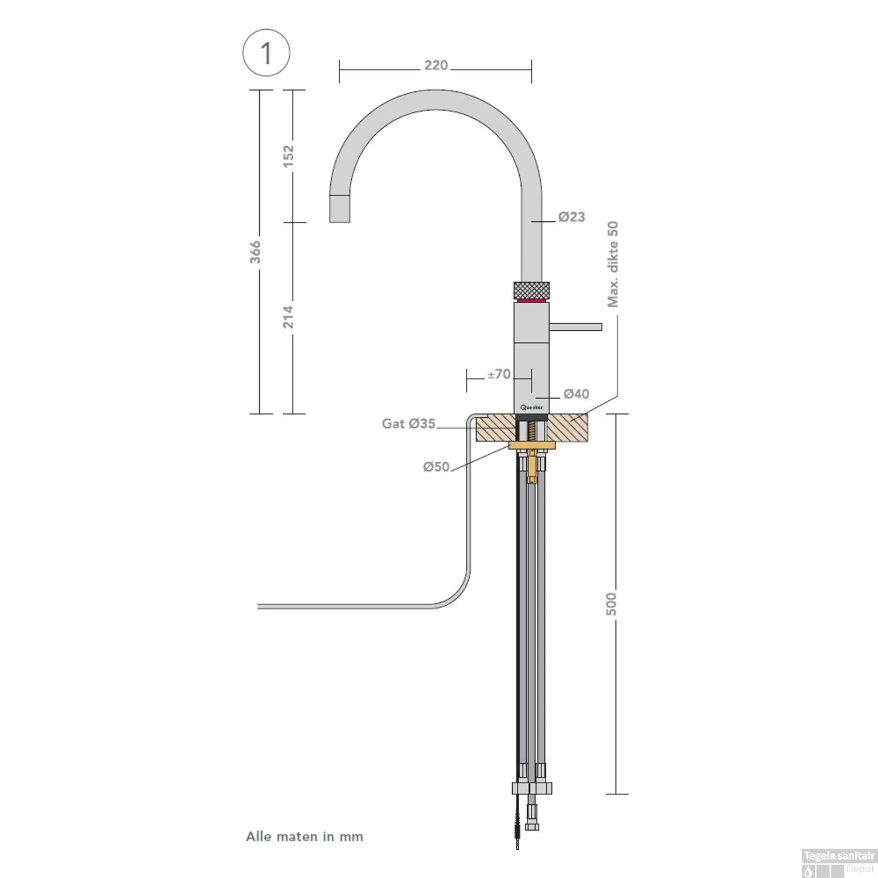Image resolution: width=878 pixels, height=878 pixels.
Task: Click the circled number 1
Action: tap(266, 53)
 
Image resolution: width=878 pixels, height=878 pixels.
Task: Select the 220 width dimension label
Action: tap(436, 65)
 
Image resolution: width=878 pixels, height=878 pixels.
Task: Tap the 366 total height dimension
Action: tap(256, 252)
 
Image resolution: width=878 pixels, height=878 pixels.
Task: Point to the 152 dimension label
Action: tap(289, 156)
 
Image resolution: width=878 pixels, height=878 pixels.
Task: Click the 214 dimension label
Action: tap(289, 317)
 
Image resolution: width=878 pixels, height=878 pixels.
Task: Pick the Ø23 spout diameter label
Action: tap(571, 217)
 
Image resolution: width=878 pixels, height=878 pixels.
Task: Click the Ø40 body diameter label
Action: tap(576, 394)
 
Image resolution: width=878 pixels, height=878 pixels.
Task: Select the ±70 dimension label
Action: tap(499, 374)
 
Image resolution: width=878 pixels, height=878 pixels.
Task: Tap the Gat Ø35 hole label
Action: tap(409, 423)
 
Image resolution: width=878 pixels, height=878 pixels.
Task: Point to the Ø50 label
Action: tap(436, 467)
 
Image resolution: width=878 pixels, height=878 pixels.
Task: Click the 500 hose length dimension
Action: tap(611, 603)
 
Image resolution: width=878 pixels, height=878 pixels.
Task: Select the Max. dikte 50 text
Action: tap(613, 264)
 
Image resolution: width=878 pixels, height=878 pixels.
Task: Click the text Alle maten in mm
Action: tap(304, 836)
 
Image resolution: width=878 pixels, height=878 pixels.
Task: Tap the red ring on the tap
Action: tap(531, 300)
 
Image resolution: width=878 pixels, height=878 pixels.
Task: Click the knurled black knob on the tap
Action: tap(531, 290)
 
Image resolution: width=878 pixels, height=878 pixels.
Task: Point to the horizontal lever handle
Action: tap(576, 326)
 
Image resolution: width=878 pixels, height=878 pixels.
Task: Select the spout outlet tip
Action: tap(341, 208)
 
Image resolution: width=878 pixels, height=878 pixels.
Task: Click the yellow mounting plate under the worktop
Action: tap(531, 446)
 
